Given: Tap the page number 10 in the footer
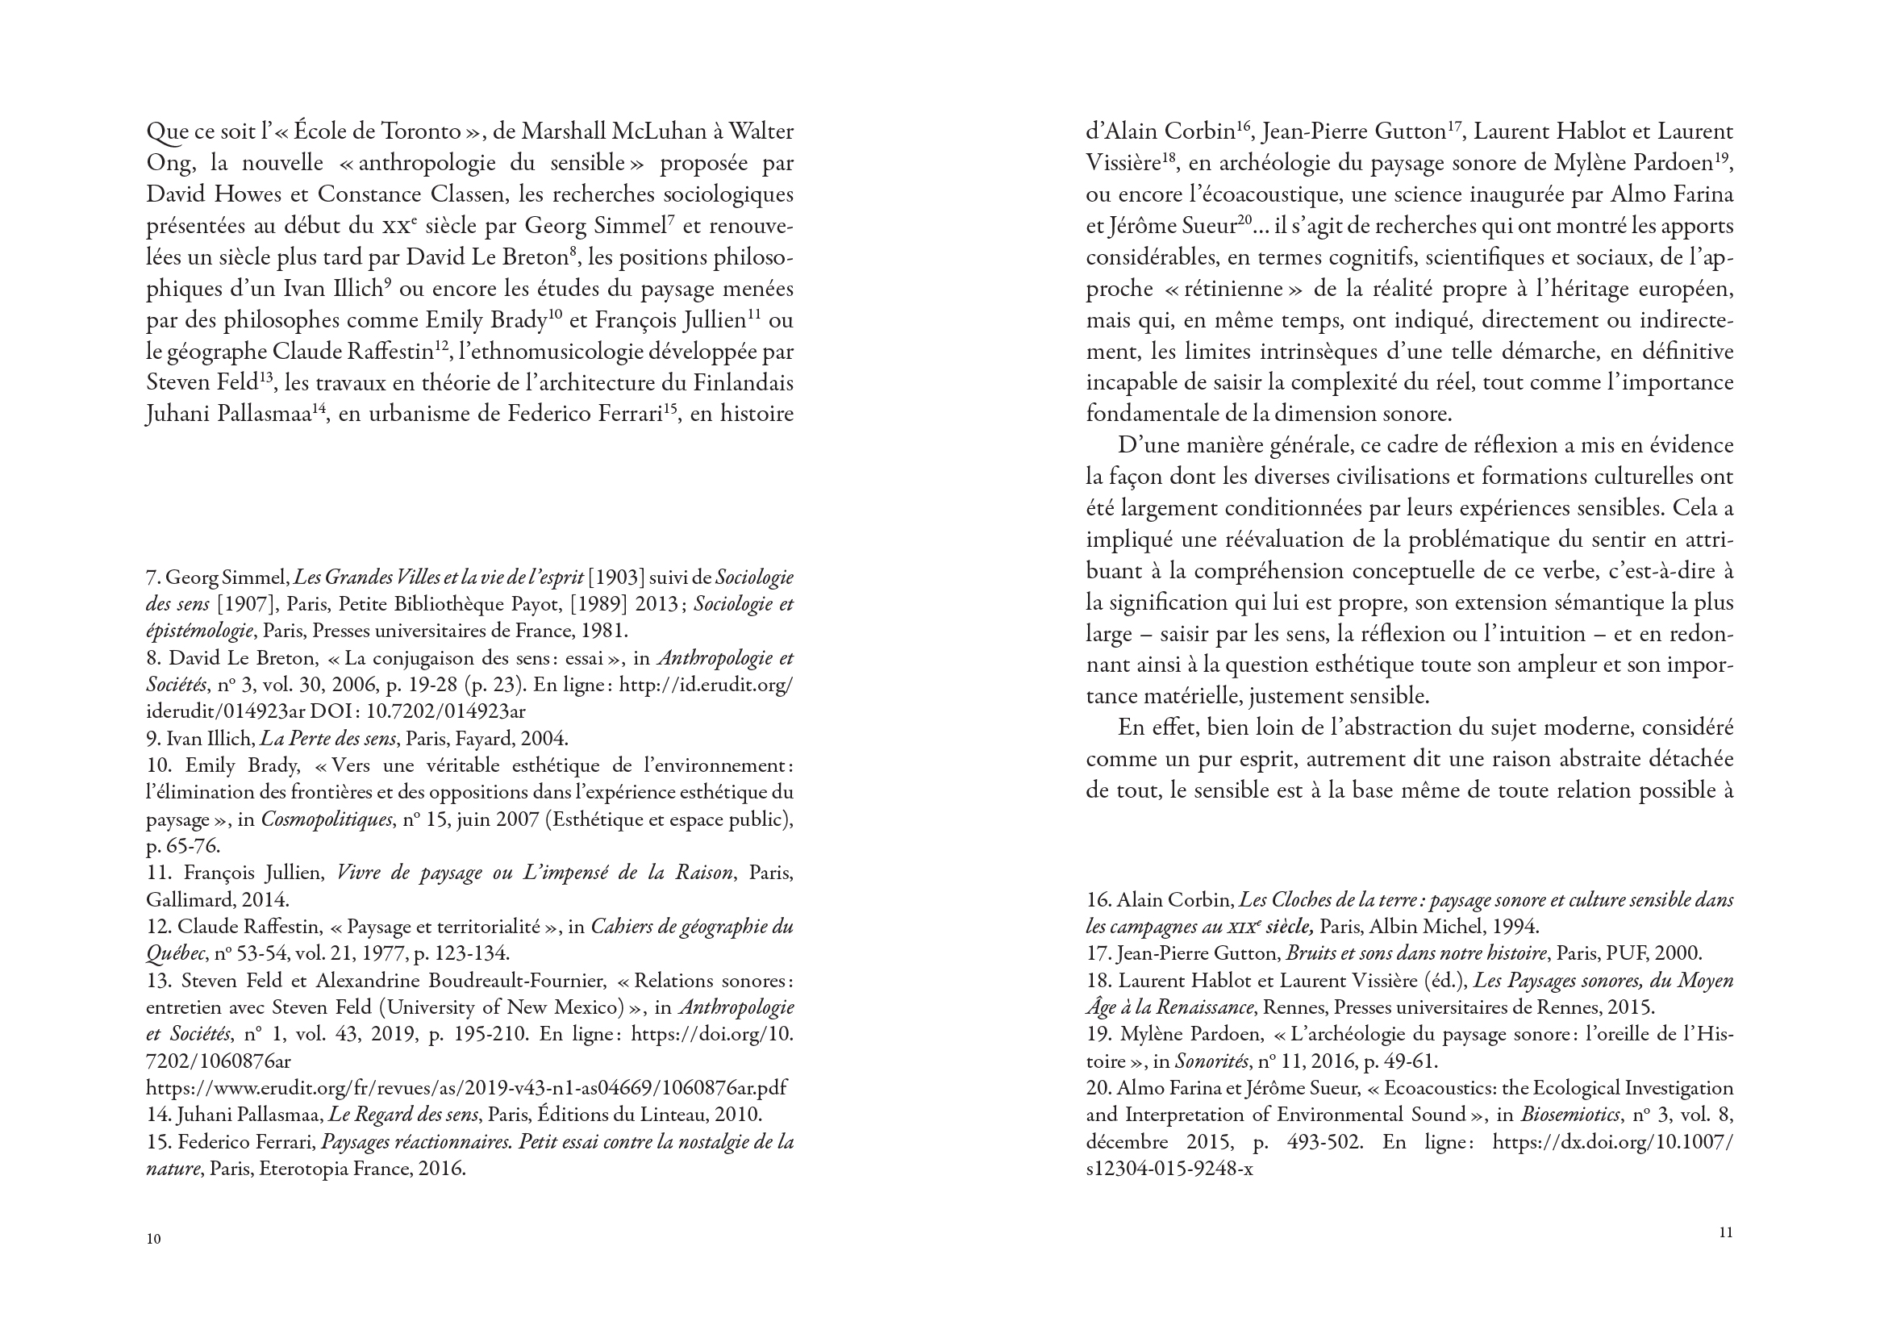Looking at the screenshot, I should click(153, 1239).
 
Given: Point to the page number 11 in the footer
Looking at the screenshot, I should click(1726, 1232).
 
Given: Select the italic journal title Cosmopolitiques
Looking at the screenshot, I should click(326, 819).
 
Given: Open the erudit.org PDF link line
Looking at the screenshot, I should click(465, 1087).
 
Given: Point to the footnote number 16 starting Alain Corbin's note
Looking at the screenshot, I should click(1098, 900).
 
